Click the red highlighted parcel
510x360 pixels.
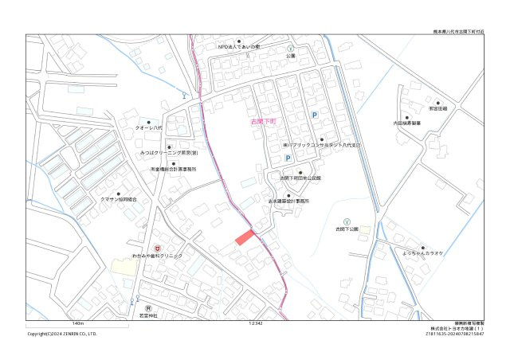[x=244, y=237]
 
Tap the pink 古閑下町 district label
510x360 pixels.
[x=262, y=122]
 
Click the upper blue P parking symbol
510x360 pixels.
[x=314, y=116]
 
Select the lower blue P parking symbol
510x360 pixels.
[x=288, y=158]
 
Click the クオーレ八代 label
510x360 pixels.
[x=148, y=128]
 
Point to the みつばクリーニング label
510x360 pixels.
[x=168, y=152]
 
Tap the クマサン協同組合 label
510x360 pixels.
[x=118, y=200]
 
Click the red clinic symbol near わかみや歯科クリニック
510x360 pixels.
[x=157, y=248]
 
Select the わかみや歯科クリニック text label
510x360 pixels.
[x=157, y=256]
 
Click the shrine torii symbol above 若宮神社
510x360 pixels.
[x=148, y=307]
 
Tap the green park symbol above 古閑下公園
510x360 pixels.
[x=346, y=221]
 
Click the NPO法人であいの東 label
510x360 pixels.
[x=239, y=47]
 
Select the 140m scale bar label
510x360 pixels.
[x=77, y=324]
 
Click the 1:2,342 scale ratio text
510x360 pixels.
[x=256, y=324]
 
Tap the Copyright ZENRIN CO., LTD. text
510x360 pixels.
[x=62, y=334]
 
